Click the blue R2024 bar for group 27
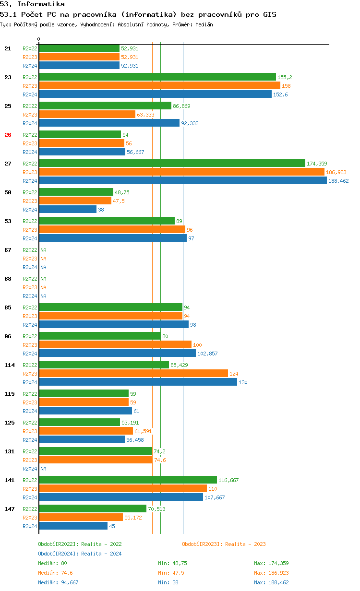(183, 181)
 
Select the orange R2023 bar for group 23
(160, 86)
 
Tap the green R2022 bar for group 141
(128, 480)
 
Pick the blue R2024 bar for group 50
(68, 210)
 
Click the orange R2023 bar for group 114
(133, 374)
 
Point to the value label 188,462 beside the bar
(338, 181)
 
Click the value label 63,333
(145, 115)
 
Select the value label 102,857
(207, 354)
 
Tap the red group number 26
(8, 135)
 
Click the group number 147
(10, 509)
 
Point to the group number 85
(8, 307)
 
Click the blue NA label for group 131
(43, 469)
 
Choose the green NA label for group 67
(43, 250)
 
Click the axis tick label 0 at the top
(38, 39)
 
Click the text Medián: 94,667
(58, 582)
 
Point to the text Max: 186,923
(271, 573)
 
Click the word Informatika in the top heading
(41, 4)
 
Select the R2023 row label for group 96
(30, 345)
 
